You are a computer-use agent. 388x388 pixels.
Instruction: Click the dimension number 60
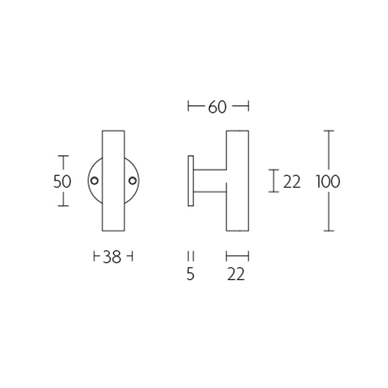pyautogui.click(x=217, y=107)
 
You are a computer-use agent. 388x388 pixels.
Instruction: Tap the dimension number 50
pyautogui.click(x=62, y=181)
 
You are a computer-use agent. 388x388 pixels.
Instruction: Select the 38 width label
pyautogui.click(x=112, y=257)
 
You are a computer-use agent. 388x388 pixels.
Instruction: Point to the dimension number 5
pyautogui.click(x=190, y=275)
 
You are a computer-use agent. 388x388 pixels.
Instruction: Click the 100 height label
pyautogui.click(x=328, y=182)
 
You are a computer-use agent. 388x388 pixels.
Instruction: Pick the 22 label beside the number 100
pyautogui.click(x=291, y=182)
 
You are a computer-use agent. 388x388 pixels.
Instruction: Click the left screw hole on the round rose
pyautogui.click(x=95, y=181)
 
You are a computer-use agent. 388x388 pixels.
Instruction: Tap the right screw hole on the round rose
pyautogui.click(x=132, y=181)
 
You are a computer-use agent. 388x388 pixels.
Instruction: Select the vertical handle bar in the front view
pyautogui.click(x=113, y=145)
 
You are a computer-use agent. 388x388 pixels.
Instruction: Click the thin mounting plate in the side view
pyautogui.click(x=191, y=180)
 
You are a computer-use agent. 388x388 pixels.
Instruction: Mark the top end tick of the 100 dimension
pyautogui.click(x=329, y=131)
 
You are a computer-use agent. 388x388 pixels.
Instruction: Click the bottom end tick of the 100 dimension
pyautogui.click(x=329, y=231)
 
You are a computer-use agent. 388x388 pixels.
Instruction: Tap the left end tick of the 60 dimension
pyautogui.click(x=188, y=106)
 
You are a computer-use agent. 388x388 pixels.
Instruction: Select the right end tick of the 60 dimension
pyautogui.click(x=248, y=106)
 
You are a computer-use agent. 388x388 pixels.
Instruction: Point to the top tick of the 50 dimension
pyautogui.click(x=63, y=156)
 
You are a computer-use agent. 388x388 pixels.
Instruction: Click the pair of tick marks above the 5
pyautogui.click(x=191, y=256)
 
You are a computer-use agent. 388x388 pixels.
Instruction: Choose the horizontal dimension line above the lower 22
pyautogui.click(x=238, y=256)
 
